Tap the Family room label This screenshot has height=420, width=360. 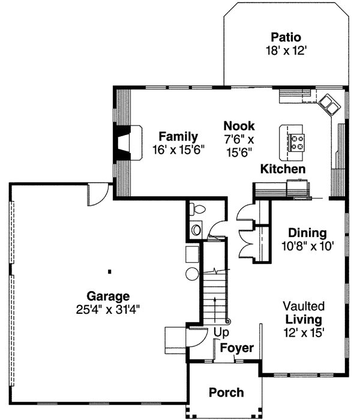tap(178, 137)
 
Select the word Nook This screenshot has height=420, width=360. tap(239, 126)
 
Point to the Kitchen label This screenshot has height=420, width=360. tap(283, 169)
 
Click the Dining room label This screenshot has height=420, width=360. tap(307, 233)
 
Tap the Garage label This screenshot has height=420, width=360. tap(108, 296)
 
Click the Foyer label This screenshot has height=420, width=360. tap(236, 348)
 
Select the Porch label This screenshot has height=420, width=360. tap(226, 393)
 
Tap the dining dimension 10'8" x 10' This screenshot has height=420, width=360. tap(307, 245)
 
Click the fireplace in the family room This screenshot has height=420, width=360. tap(127, 142)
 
